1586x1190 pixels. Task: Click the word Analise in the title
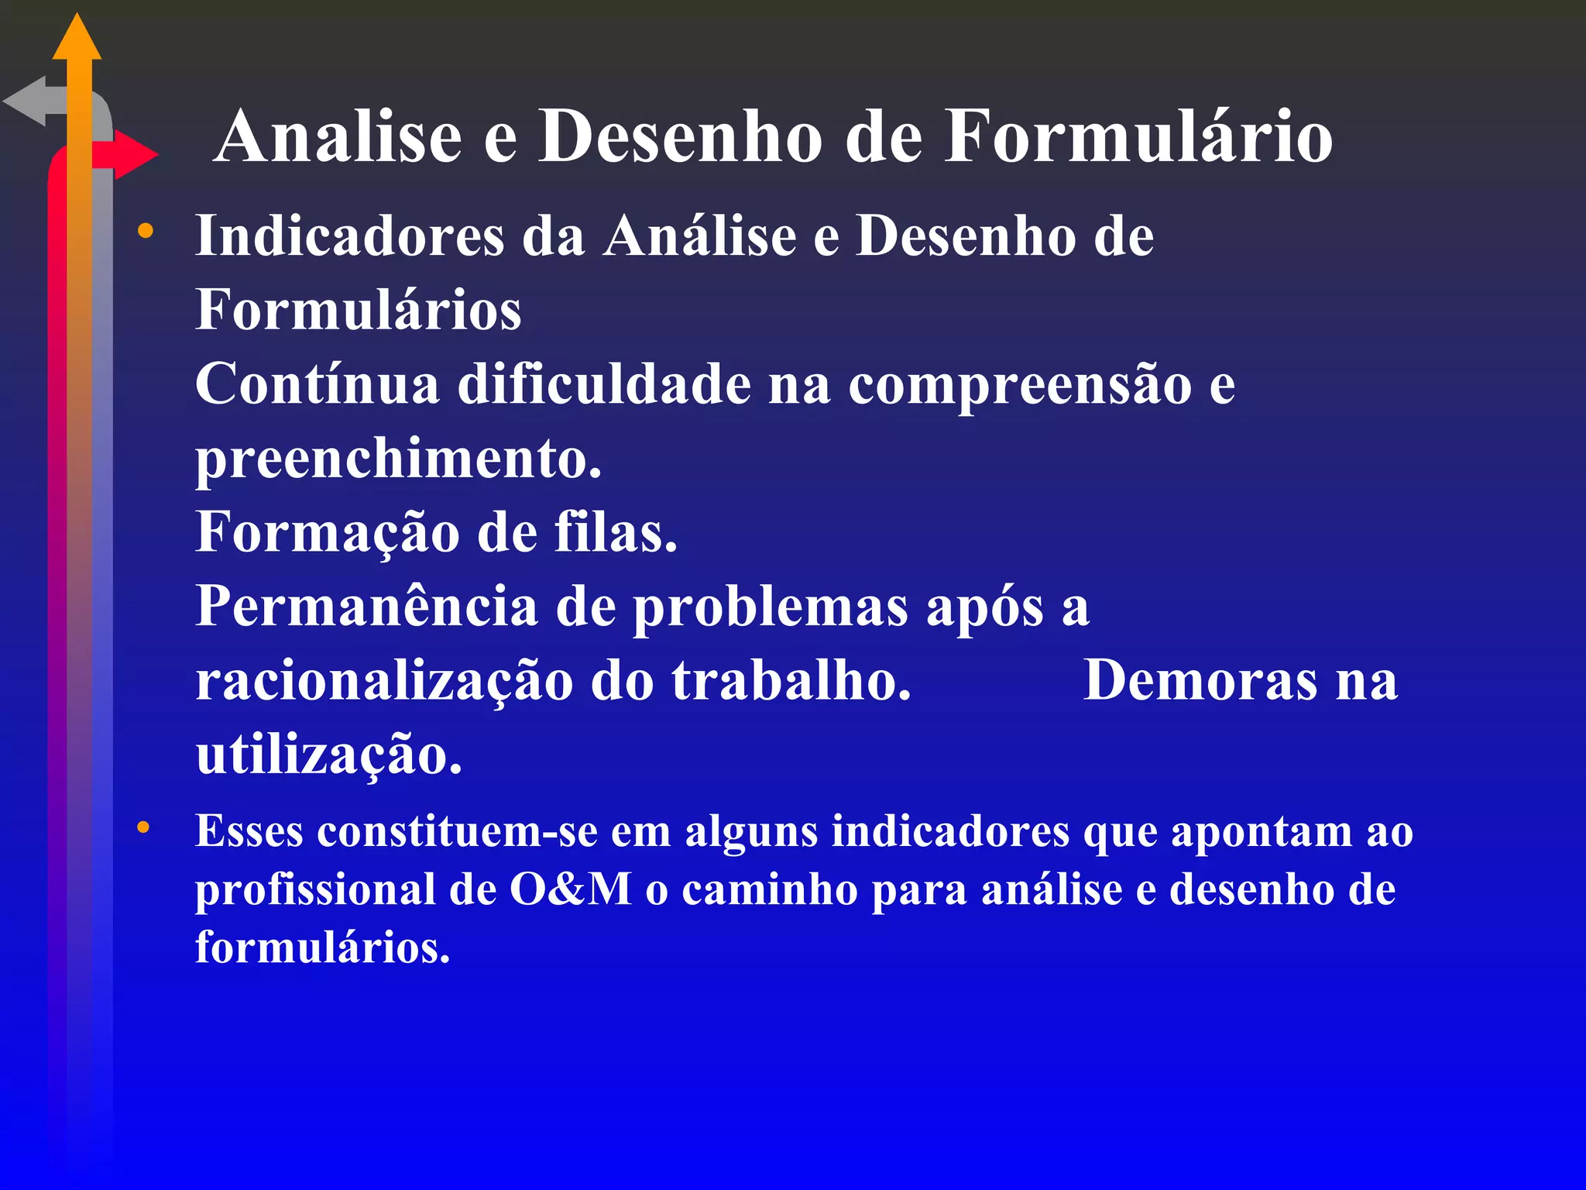(338, 136)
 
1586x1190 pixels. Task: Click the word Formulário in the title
(1138, 136)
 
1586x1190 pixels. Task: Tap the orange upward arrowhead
(77, 39)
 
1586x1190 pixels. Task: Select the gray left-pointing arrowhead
(26, 101)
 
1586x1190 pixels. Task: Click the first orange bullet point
(145, 230)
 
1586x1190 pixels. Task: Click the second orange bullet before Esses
(143, 827)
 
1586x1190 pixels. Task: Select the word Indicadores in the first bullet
(349, 236)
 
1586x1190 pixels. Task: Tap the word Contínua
(317, 384)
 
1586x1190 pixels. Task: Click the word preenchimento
(398, 459)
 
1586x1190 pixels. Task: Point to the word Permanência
(366, 607)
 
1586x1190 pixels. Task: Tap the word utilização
(328, 755)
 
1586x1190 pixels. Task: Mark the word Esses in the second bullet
(249, 831)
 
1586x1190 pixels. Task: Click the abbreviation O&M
(571, 889)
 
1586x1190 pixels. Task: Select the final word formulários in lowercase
(322, 948)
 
